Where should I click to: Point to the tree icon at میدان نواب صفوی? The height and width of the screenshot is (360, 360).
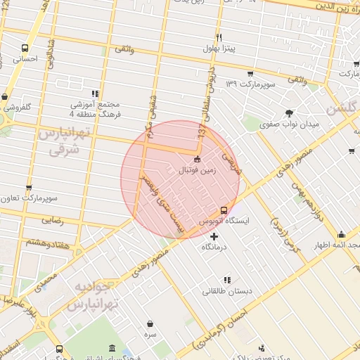(x=288, y=112)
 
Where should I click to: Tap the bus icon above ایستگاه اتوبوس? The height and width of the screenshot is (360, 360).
(x=224, y=210)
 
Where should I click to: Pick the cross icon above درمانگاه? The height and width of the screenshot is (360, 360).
(x=214, y=236)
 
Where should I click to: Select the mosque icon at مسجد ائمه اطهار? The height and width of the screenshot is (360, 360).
(x=342, y=235)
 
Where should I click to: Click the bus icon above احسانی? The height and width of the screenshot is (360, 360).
(x=26, y=49)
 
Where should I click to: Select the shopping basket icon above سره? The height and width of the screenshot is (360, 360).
(x=150, y=324)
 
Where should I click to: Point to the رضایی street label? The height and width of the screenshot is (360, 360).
(x=52, y=221)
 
